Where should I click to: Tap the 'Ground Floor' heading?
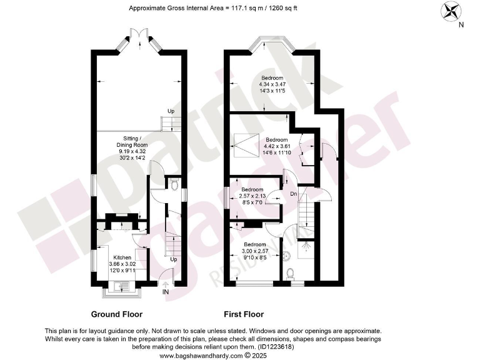[x=117, y=314]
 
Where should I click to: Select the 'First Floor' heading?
[x=244, y=314]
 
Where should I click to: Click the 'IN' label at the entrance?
[x=165, y=292]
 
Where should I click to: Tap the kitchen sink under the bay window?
[x=122, y=287]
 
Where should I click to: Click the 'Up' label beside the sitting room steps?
[x=170, y=112]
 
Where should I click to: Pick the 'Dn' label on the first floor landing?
[x=294, y=194]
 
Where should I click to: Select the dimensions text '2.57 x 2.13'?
[x=252, y=196]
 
